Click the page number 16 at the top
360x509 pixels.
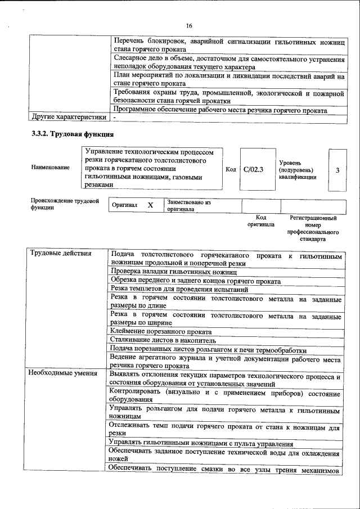coord(189,26)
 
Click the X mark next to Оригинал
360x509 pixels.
coord(150,206)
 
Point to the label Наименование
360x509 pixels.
coord(51,168)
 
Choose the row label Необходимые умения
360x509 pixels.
coord(63,373)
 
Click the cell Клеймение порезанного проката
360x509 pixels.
coord(164,331)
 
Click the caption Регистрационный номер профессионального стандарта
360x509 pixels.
coord(313,228)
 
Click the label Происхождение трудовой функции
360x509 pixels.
coord(65,204)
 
